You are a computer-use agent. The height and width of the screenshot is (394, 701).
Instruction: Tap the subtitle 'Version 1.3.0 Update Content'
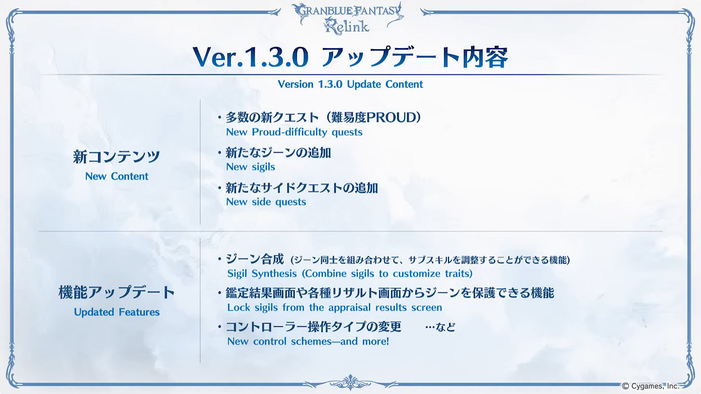(x=350, y=84)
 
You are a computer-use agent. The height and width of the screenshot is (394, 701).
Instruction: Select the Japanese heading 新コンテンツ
(x=117, y=157)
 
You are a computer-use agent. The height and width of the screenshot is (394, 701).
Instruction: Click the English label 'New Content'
(x=117, y=176)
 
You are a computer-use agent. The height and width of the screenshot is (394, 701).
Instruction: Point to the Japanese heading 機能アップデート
(x=117, y=293)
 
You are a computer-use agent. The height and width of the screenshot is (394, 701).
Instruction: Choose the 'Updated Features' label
(x=117, y=312)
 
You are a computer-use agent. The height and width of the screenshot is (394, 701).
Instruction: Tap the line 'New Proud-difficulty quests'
(x=294, y=132)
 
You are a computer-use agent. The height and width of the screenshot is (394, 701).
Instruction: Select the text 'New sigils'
(x=250, y=167)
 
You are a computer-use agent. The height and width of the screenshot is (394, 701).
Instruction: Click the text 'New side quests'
(x=266, y=202)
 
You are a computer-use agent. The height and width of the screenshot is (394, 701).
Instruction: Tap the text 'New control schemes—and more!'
(x=308, y=342)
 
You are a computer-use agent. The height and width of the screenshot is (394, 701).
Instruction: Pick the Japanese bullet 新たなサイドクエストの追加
(x=301, y=188)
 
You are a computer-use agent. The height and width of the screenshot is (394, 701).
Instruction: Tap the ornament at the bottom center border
(x=350, y=381)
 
